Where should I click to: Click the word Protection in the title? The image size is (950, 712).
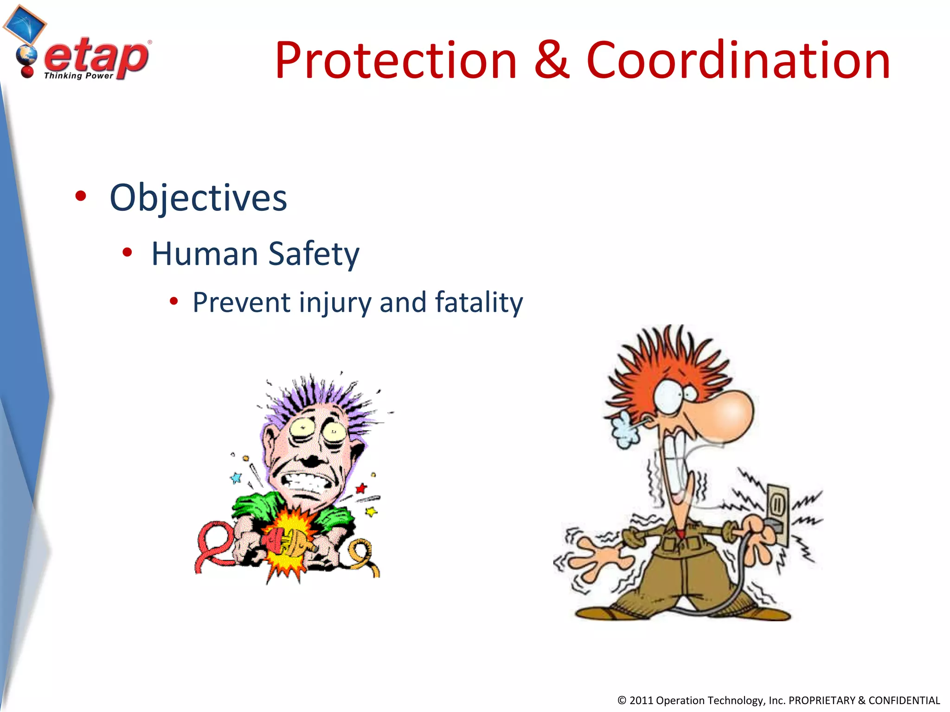395,61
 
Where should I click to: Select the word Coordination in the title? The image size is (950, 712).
738,61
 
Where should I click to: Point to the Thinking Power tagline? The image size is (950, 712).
78,76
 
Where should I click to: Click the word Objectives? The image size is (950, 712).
198,198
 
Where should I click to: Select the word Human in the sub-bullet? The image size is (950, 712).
205,254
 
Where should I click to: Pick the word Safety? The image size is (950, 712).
314,254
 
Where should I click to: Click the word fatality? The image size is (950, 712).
479,303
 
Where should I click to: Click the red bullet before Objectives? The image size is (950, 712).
81,196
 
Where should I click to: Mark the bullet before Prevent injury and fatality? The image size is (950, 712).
174,302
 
